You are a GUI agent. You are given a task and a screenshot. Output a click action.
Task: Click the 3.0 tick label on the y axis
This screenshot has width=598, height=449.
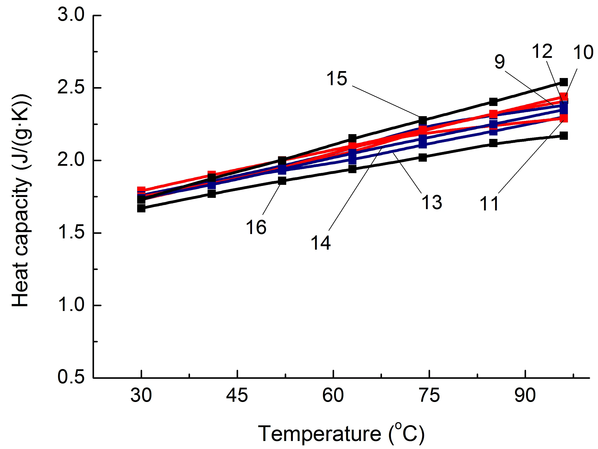pyautogui.click(x=71, y=15)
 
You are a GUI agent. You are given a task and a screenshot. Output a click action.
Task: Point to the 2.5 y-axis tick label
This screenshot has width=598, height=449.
pyautogui.click(x=71, y=88)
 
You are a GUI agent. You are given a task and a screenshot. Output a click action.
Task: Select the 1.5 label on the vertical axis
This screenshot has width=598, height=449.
pyautogui.click(x=71, y=233)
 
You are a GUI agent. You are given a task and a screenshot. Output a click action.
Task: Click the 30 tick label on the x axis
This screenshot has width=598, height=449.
pyautogui.click(x=141, y=395)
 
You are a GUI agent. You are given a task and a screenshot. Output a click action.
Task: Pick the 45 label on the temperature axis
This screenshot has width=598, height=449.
pyautogui.click(x=237, y=395)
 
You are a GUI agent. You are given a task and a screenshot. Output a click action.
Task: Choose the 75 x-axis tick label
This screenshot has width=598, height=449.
pyautogui.click(x=429, y=395)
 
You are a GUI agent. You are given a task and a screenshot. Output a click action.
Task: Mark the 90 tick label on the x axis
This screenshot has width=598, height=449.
pyautogui.click(x=525, y=395)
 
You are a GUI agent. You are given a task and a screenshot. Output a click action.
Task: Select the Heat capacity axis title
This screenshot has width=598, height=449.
pyautogui.click(x=21, y=200)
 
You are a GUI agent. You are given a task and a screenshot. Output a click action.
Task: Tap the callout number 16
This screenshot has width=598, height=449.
pyautogui.click(x=256, y=227)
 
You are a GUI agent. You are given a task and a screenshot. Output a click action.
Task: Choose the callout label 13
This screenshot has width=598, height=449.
pyautogui.click(x=432, y=202)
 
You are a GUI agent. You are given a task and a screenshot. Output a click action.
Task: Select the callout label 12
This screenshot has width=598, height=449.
pyautogui.click(x=542, y=51)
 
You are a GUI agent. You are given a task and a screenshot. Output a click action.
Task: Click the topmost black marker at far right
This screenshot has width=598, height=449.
pyautogui.click(x=563, y=82)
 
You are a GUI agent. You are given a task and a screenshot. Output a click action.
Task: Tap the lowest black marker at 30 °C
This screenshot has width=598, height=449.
pyautogui.click(x=141, y=208)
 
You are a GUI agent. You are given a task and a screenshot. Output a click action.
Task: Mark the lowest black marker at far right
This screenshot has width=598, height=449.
pyautogui.click(x=563, y=136)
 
